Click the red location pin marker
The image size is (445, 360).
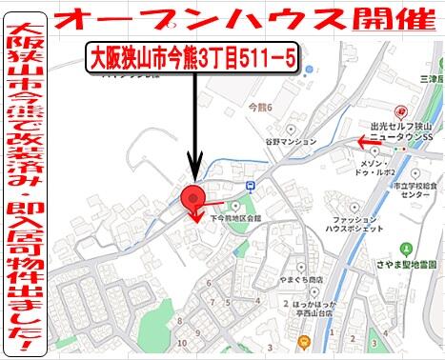click(194, 199)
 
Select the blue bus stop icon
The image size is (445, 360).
click(249, 185)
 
